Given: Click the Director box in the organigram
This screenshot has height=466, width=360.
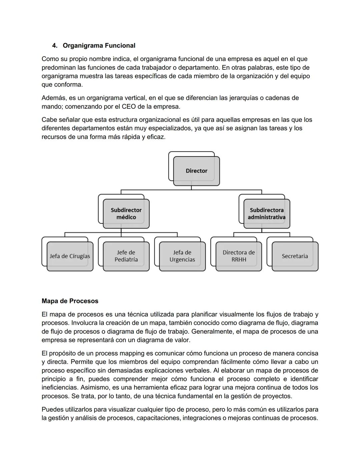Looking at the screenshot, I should tap(196, 171).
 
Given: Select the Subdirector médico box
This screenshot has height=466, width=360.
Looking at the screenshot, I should tap(126, 213).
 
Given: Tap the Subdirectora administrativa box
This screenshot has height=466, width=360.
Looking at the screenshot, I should tap(266, 213).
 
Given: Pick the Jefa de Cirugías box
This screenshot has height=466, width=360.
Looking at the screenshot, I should tap(70, 256).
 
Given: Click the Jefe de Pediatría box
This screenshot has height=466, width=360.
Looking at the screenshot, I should tap(126, 256).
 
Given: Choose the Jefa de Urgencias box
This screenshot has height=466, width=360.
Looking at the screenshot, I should tap(182, 256).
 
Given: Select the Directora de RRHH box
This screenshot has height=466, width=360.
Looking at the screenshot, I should tap(239, 256).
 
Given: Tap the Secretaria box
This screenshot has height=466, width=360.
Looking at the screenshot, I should tap(295, 256).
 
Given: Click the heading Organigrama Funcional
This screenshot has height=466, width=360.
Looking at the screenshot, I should tap(99, 45).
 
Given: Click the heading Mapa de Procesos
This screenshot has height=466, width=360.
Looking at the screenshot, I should tap(70, 301).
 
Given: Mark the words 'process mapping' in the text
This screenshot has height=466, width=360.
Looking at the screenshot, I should tap(116, 353).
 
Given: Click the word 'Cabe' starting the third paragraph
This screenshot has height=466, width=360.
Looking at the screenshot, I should tap(49, 120).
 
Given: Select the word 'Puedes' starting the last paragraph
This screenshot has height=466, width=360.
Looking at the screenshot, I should tap(52, 409).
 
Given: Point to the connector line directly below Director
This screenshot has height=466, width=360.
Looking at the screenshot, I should tap(191, 188).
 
